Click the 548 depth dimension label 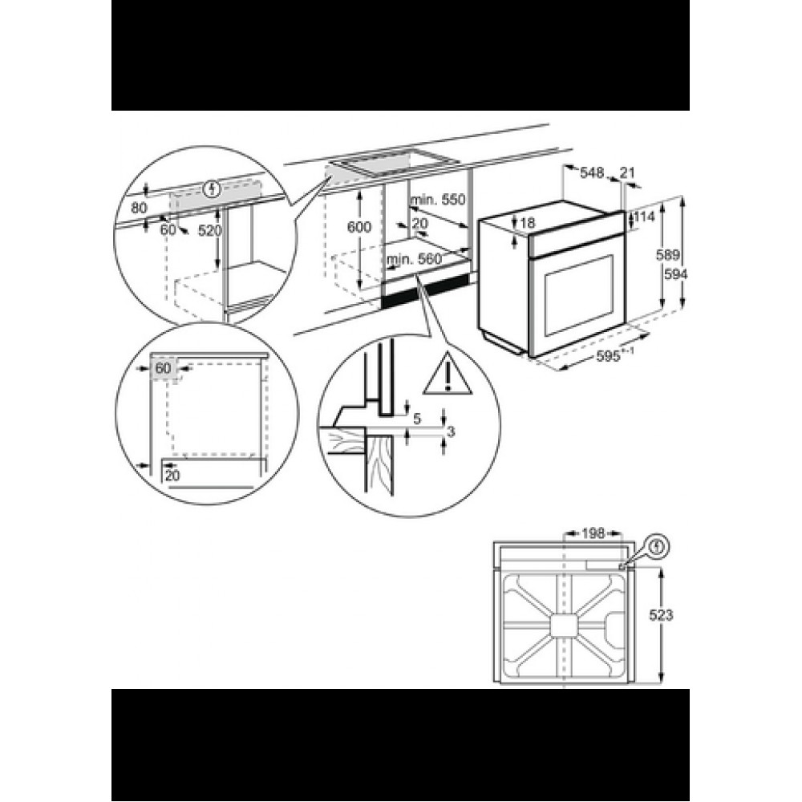click(592, 173)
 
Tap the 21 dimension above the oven click(627, 173)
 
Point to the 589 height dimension click(668, 255)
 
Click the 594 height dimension click(675, 274)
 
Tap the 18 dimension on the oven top click(527, 222)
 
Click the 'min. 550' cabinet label click(439, 199)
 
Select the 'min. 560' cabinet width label click(414, 259)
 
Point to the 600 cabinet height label click(359, 227)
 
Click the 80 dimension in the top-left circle click(139, 209)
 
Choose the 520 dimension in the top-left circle click(209, 231)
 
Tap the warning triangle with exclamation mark click(448, 374)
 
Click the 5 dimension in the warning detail click(416, 419)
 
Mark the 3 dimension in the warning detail click(451, 432)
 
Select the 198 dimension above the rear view click(593, 534)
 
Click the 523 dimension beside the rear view click(662, 615)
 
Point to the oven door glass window click(580, 295)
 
